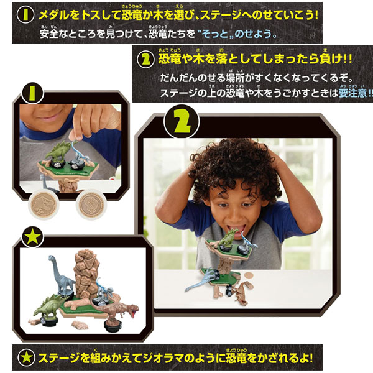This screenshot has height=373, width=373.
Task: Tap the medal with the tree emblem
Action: [91, 205]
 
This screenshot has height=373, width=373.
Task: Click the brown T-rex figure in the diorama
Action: [115, 311]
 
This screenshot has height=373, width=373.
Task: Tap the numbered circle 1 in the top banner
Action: [25, 15]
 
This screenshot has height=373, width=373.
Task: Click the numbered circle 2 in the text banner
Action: [145, 60]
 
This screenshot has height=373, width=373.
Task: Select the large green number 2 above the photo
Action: [182, 122]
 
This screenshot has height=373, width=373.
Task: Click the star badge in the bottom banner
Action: [26, 357]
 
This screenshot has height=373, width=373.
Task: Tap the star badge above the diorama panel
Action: [32, 237]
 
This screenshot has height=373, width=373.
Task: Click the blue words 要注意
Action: [353, 93]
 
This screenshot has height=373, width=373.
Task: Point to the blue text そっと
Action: [215, 34]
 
